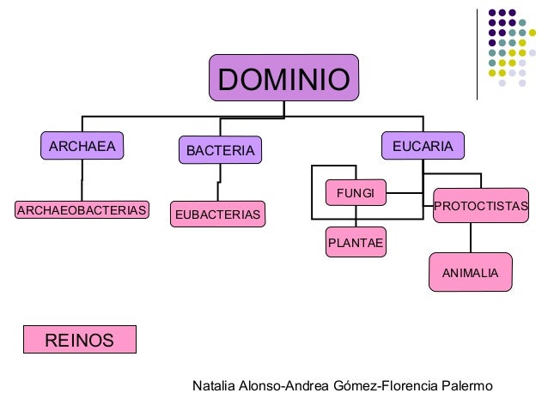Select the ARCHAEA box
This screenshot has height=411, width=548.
coord(82,146)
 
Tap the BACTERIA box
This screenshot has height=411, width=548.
coord(221,151)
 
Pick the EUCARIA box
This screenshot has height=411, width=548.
coord(423,146)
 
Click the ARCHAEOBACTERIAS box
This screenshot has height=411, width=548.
coord(82,209)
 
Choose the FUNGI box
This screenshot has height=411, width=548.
coord(355,193)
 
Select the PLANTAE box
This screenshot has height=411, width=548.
coord(355,244)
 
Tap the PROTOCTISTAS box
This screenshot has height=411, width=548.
coord(481,207)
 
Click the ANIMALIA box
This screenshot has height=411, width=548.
coord(470,272)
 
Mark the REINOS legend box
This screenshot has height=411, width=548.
coord(79,341)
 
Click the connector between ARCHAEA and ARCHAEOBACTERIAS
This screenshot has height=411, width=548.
coord(82,180)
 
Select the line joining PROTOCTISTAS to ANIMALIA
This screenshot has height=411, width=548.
coord(470,238)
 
